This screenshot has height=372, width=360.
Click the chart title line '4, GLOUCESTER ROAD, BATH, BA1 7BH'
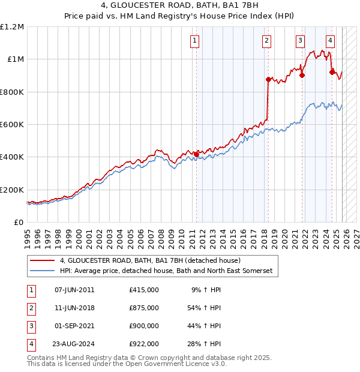pos(179,7)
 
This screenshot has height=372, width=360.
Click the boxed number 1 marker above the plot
pos(196,41)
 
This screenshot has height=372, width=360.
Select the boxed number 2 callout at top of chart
pos(266,41)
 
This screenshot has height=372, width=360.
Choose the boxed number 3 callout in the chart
pos(299,41)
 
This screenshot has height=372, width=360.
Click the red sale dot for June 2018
pos(268,79)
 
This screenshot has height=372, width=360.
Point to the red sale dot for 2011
pos(196,154)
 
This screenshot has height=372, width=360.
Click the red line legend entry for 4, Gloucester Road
pos(150,260)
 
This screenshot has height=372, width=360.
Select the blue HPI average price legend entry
pos(166,271)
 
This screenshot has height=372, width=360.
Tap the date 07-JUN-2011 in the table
pos(74,290)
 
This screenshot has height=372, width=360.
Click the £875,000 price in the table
pos(144,308)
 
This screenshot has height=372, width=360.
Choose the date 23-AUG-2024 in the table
pos(74,344)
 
